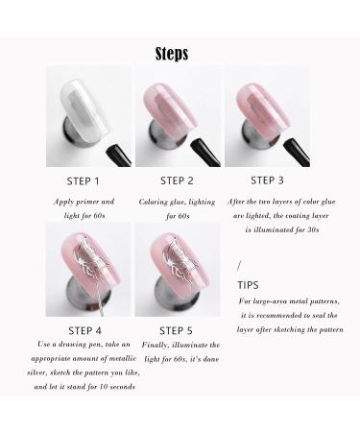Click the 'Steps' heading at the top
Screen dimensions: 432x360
172,54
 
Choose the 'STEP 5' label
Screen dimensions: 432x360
178,330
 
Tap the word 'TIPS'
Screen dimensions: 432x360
248,285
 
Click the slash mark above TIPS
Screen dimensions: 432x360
239,266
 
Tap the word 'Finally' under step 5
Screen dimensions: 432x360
156,344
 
